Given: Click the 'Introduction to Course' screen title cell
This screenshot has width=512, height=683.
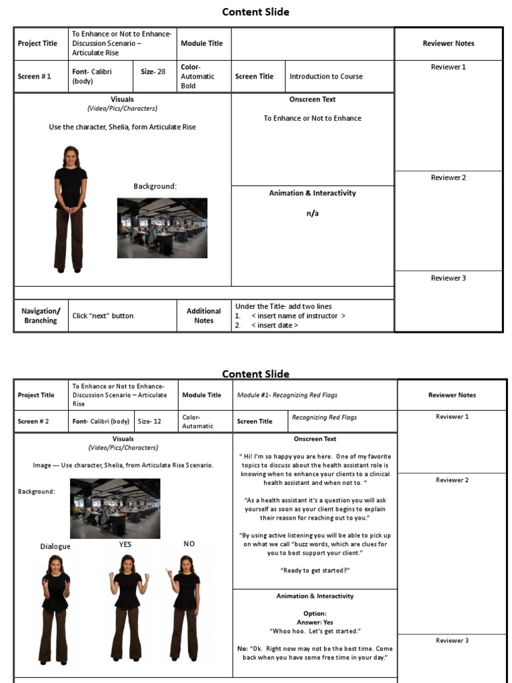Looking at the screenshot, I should pyautogui.click(x=326, y=77).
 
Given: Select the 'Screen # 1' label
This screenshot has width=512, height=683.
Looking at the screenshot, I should pyautogui.click(x=35, y=77).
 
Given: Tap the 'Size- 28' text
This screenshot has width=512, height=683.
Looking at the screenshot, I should pyautogui.click(x=153, y=71).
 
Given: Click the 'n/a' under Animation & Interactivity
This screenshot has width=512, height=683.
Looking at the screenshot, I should pyautogui.click(x=312, y=214).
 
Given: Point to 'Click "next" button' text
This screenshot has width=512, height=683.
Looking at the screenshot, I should pyautogui.click(x=103, y=316).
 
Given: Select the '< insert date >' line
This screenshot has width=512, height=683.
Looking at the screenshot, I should pyautogui.click(x=275, y=325).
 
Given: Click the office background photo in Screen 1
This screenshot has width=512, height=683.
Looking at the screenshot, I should pyautogui.click(x=162, y=227).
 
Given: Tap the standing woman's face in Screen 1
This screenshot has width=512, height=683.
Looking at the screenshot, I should pyautogui.click(x=71, y=157).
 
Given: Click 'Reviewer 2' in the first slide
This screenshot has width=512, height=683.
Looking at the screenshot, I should pyautogui.click(x=448, y=178).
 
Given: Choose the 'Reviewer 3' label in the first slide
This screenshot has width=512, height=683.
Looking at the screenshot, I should pyautogui.click(x=448, y=278).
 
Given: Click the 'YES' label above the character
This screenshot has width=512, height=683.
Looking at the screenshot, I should pyautogui.click(x=125, y=544).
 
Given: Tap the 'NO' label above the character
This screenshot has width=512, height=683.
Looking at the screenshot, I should pyautogui.click(x=189, y=544).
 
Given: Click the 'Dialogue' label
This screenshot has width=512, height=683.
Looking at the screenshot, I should pyautogui.click(x=55, y=546).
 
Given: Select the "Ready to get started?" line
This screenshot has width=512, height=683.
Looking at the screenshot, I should pyautogui.click(x=315, y=571).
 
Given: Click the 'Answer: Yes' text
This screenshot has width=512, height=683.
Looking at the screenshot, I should pyautogui.click(x=315, y=622).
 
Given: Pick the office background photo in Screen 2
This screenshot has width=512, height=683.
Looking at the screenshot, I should pyautogui.click(x=115, y=508).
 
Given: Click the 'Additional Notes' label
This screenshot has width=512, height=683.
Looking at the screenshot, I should pyautogui.click(x=203, y=316).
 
